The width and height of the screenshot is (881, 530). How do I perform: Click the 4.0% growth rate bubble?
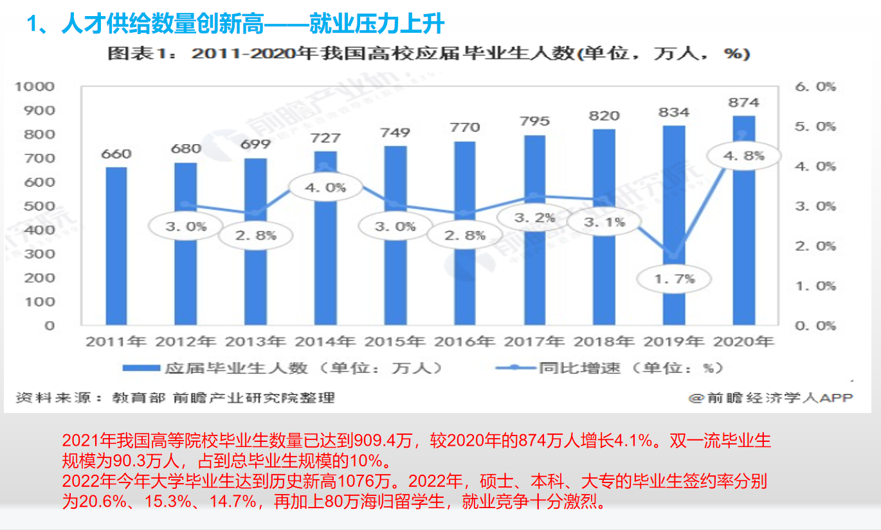pos(326,188)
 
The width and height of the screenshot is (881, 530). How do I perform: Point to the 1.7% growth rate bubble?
pos(674,279)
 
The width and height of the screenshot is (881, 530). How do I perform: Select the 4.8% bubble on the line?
pos(743,156)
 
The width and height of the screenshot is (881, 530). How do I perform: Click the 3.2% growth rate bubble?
pos(534,218)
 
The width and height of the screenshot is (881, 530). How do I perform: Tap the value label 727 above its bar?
pos(326,138)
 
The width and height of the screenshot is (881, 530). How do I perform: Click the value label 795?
pos(534,121)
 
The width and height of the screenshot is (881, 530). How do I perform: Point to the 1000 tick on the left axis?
pos(41,87)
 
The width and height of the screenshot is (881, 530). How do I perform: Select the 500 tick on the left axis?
pos(41,206)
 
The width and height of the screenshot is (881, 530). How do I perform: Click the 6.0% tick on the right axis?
pos(815,87)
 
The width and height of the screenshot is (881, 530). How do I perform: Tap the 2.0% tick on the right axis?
pos(815,246)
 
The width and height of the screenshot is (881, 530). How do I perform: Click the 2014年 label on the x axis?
pos(325,341)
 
